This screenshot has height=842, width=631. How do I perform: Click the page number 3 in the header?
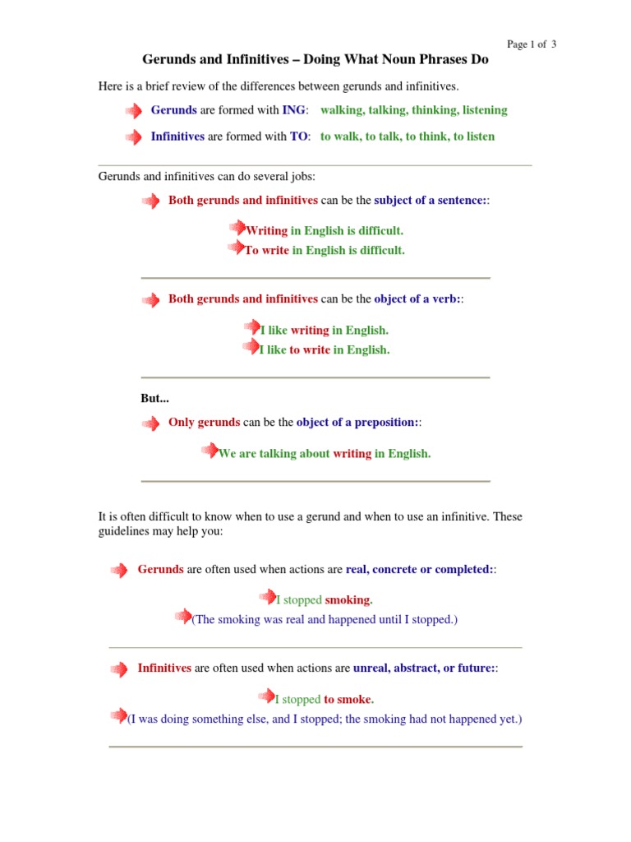pos(554,44)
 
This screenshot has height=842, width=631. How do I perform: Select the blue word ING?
pos(293,110)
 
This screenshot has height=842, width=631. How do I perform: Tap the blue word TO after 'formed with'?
pos(299,136)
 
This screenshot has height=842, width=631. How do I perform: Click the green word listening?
pos(485,110)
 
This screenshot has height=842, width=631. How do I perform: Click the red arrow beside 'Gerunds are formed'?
pos(133,111)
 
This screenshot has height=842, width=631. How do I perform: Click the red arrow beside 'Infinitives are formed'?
pos(133,137)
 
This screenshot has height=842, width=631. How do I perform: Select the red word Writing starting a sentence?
pos(267,231)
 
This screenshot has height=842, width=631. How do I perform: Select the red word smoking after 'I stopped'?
pos(348,600)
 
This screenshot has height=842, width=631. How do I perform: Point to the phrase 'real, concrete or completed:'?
pos(419,570)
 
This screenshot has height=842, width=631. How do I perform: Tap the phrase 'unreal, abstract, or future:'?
pos(423,669)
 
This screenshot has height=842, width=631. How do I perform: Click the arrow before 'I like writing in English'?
pos(251,328)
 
